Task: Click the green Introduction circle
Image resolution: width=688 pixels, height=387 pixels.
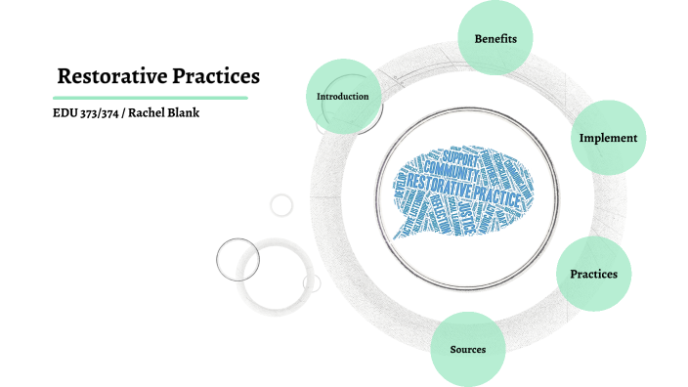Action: pos(342,97)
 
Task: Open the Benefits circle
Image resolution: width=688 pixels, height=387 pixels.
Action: pos(494,38)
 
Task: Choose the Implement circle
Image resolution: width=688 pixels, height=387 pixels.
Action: pos(607,138)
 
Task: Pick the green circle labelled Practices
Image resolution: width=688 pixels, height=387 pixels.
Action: pos(593,274)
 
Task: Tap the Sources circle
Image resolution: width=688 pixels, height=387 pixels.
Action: pos(467,349)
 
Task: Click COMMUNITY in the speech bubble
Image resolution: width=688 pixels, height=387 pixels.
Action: pos(452,170)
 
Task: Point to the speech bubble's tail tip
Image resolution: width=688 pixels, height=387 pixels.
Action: pos(395,237)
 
